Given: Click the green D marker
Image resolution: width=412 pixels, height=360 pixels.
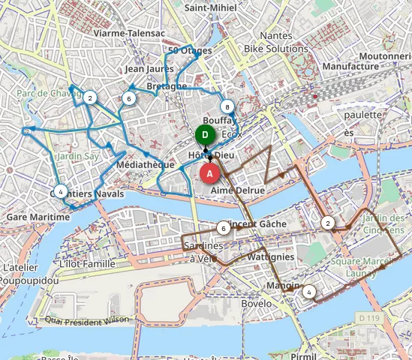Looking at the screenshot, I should [x=205, y=135].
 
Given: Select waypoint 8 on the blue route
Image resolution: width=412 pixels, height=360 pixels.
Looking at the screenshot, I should [x=227, y=106].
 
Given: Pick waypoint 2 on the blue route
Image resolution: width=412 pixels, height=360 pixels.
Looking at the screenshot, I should [x=90, y=97].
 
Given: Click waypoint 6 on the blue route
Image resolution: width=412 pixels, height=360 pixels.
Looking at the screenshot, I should [x=129, y=98].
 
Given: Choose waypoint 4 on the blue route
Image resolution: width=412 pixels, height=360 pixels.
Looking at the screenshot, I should [x=61, y=191].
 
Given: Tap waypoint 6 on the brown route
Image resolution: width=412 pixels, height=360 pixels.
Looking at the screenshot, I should [x=223, y=228].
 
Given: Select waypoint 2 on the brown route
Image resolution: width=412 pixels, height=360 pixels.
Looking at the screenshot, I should [x=328, y=223].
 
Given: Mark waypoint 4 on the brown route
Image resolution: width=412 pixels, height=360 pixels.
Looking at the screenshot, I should [x=309, y=292].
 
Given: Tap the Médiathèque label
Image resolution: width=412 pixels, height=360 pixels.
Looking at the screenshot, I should [x=146, y=164].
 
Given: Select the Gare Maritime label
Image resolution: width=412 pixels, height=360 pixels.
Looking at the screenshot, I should [x=38, y=217].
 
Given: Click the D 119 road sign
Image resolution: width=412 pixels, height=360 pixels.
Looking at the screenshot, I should [x=368, y=319].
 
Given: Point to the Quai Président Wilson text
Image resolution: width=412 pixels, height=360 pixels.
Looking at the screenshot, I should [x=87, y=319].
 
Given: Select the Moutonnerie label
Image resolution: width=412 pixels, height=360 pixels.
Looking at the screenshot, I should [x=384, y=56].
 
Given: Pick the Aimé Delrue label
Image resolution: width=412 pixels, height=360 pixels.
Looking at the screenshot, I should [x=238, y=191].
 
